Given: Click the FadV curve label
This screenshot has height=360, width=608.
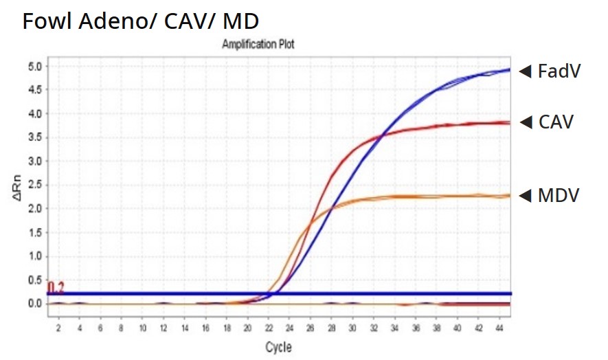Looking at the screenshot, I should click(x=560, y=71).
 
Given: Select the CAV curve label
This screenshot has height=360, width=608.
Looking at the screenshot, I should click(x=556, y=122).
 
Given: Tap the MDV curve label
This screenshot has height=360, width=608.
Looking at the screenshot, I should click(x=559, y=195).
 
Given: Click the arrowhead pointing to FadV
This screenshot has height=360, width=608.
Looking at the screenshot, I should click(x=526, y=71).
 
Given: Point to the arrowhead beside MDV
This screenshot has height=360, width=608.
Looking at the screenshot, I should click(x=526, y=196).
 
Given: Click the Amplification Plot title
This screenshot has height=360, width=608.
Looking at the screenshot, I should click(x=258, y=44).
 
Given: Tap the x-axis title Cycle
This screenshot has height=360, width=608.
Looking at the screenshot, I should click(x=278, y=348).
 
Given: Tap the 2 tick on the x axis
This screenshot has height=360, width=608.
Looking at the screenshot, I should click(x=58, y=328).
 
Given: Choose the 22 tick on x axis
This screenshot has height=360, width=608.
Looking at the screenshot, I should click(x=269, y=328).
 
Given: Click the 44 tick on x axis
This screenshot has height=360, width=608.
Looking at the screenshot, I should click(x=499, y=328).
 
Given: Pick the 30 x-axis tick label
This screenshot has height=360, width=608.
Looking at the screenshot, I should click(x=352, y=328).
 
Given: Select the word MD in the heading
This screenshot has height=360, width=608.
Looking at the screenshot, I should click(x=241, y=21).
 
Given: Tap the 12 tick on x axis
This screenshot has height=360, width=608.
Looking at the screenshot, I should click(x=163, y=328).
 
